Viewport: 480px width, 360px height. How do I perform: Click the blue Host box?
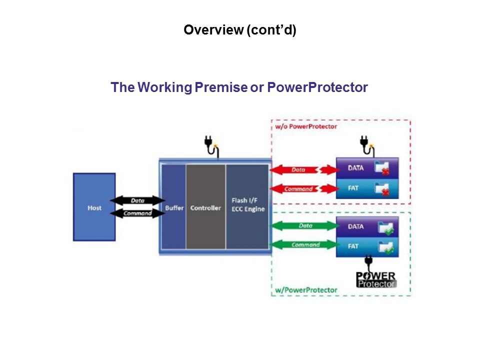94,207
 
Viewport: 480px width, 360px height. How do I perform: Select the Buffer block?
174,207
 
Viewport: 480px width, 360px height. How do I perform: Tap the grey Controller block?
205,207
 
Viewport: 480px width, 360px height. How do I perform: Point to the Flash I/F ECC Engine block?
247,205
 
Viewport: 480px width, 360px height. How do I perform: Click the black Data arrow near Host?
137,200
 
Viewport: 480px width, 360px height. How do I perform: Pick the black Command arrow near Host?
137,212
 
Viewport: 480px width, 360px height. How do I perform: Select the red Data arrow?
302,170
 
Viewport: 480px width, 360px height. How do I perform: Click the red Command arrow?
302,189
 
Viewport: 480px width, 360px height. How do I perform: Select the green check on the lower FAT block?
388,249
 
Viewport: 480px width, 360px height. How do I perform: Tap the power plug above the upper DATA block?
366,145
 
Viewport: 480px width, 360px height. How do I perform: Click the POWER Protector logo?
376,279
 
